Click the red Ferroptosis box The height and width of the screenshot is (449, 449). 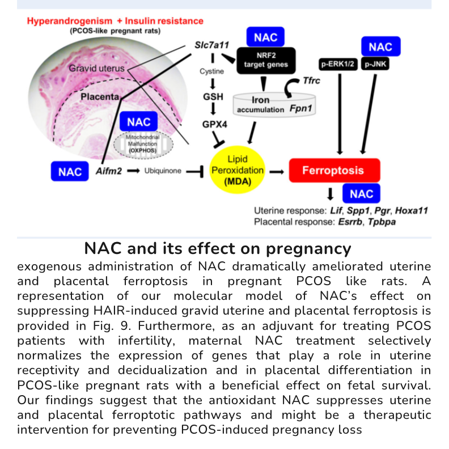pyautogui.click(x=333, y=171)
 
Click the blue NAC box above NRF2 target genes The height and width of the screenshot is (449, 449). pyautogui.click(x=265, y=38)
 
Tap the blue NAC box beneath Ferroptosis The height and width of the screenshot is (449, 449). pyautogui.click(x=361, y=194)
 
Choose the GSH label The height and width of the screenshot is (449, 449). pyautogui.click(x=213, y=97)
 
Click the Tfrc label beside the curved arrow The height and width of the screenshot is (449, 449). pyautogui.click(x=311, y=81)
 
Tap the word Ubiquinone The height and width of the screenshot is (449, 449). pyautogui.click(x=163, y=171)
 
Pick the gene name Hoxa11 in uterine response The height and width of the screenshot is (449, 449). pyautogui.click(x=411, y=210)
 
